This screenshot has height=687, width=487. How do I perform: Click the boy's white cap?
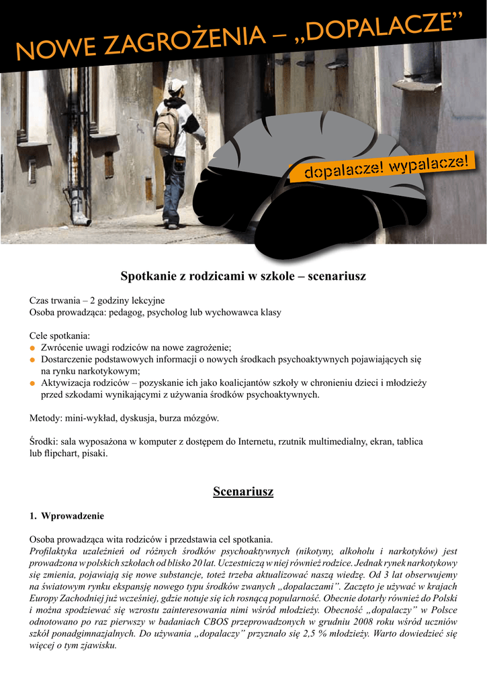177,85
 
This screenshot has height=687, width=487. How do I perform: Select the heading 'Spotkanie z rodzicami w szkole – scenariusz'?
242,276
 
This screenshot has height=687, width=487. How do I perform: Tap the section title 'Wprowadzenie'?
73,516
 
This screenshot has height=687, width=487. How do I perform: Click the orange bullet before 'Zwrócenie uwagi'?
32,348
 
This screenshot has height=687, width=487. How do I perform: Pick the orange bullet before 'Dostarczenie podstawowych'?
32,360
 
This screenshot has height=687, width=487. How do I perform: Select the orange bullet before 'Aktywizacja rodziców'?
32,383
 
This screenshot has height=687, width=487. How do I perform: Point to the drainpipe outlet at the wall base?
81,219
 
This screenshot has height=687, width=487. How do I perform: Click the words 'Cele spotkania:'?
59,335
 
